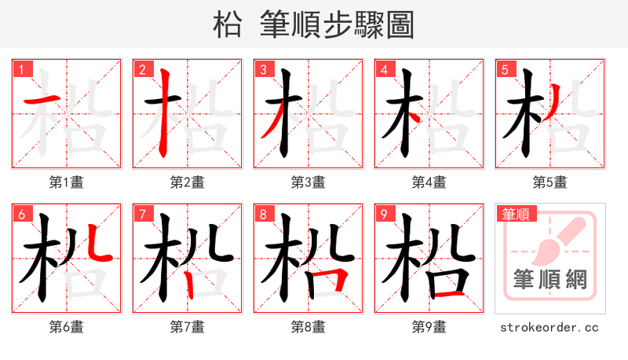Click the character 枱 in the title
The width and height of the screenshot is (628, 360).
[x=228, y=24]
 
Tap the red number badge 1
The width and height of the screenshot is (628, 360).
[x=20, y=69]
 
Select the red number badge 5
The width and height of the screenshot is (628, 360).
[x=504, y=69]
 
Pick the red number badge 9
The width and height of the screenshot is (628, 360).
[x=383, y=214]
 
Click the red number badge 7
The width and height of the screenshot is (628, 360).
[x=141, y=214]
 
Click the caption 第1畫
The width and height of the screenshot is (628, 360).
[x=66, y=182]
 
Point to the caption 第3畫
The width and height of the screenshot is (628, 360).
[x=308, y=182]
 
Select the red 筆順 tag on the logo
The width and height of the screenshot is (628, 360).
[x=515, y=214]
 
